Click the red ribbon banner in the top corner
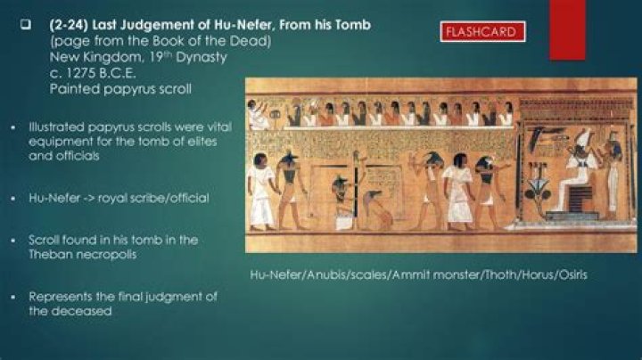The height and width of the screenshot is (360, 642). click(x=566, y=27)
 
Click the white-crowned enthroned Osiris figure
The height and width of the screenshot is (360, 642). click(x=579, y=169)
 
